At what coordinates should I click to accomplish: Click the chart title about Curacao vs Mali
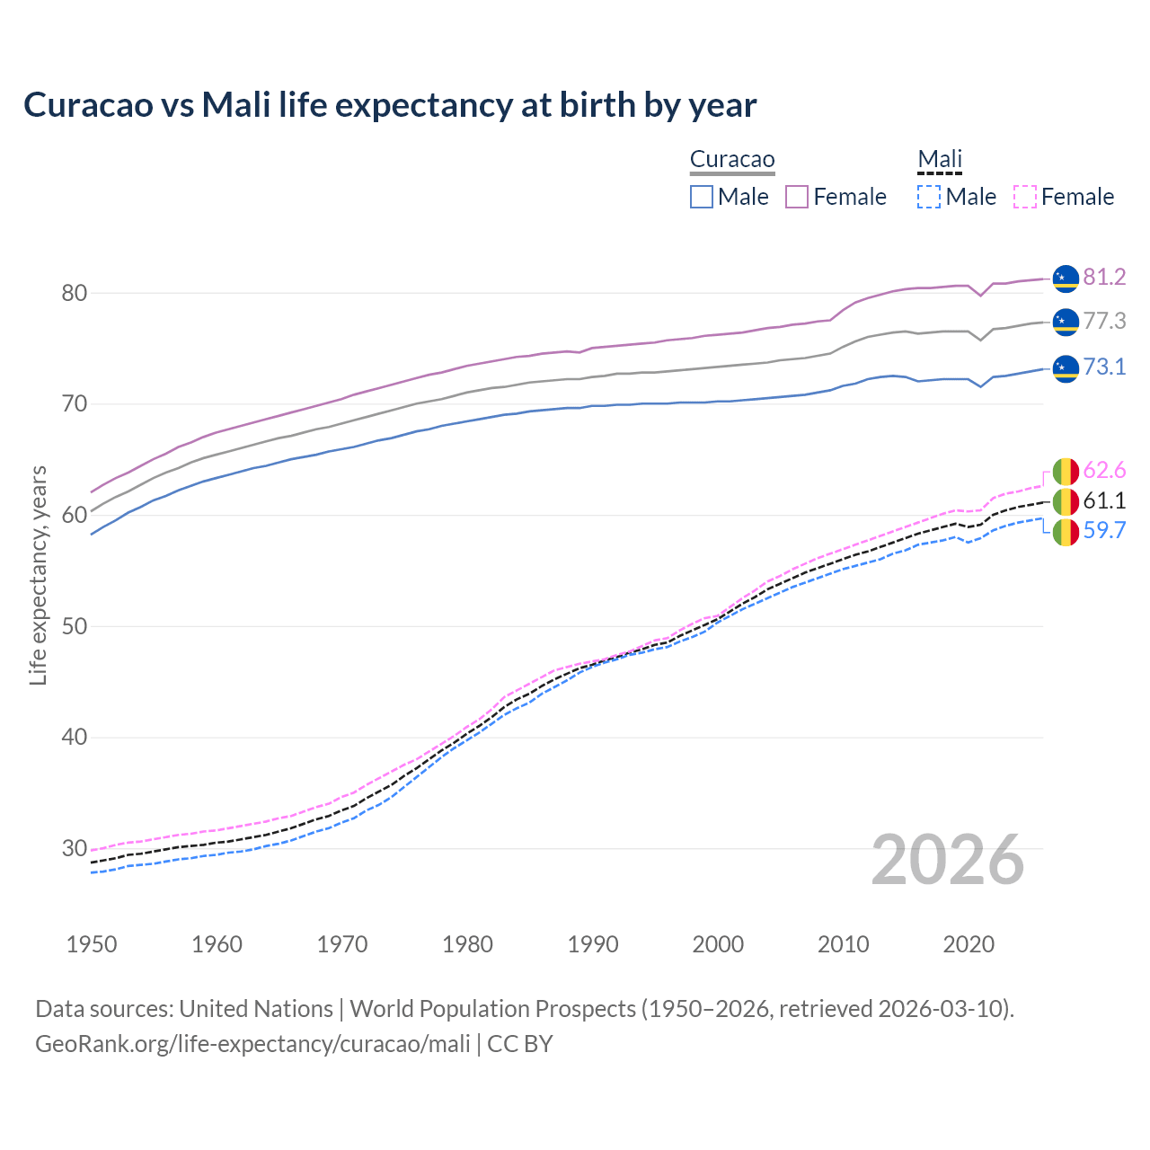pyautogui.click(x=390, y=105)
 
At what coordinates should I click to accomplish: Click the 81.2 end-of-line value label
pyautogui.click(x=1104, y=277)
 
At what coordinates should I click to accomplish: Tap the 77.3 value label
pyautogui.click(x=1104, y=321)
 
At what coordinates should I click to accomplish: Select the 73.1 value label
pyautogui.click(x=1104, y=367)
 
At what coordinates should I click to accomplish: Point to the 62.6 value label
pyautogui.click(x=1104, y=470)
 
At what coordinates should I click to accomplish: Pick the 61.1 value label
pyautogui.click(x=1104, y=500)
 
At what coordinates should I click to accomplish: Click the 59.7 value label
pyautogui.click(x=1104, y=530)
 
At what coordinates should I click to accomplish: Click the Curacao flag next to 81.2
pyautogui.click(x=1066, y=279)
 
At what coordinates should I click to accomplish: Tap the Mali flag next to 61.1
pyautogui.click(x=1066, y=501)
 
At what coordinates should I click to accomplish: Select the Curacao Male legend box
pyautogui.click(x=702, y=197)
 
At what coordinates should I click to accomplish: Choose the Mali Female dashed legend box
pyautogui.click(x=1025, y=197)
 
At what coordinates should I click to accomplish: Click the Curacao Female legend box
pyautogui.click(x=797, y=197)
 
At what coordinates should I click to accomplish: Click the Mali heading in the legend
pyautogui.click(x=940, y=160)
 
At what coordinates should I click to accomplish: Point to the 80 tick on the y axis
pyautogui.click(x=75, y=293)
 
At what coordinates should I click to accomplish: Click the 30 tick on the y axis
pyautogui.click(x=75, y=848)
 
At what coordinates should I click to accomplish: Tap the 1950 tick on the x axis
pyautogui.click(x=92, y=944)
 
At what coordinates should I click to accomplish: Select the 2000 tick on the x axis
pyautogui.click(x=718, y=944)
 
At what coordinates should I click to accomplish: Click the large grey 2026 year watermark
pyautogui.click(x=948, y=860)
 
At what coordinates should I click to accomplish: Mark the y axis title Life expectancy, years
pyautogui.click(x=39, y=575)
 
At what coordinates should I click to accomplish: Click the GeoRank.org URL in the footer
pyautogui.click(x=252, y=1043)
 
